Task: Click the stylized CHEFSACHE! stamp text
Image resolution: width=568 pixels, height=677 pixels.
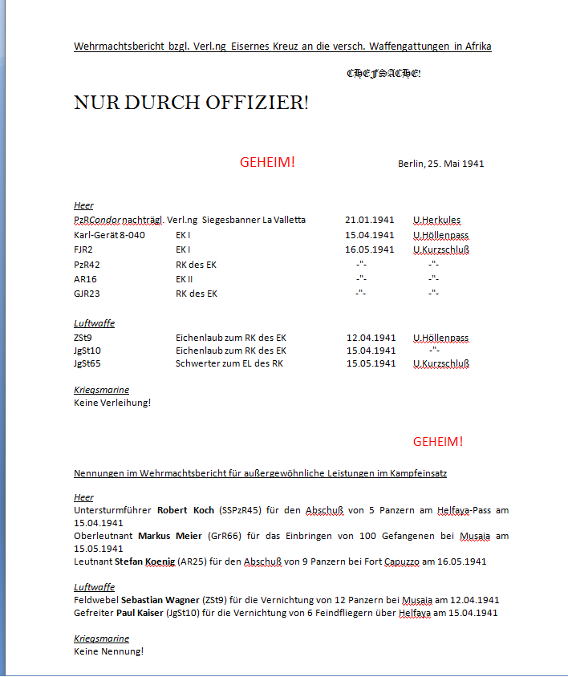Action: pos(383,74)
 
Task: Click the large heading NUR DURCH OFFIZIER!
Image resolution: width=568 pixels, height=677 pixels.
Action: pos(191,103)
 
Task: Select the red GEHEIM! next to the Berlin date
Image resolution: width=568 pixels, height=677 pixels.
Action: pos(267,163)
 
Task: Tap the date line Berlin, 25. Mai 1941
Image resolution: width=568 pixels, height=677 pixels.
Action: pos(440,164)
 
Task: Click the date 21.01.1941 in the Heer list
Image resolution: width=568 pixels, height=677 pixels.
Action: pos(370,220)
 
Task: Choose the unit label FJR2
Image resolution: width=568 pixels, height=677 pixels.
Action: pos(83,249)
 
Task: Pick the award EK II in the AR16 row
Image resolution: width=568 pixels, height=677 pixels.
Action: pos(185,279)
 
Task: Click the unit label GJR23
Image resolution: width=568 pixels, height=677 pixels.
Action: pos(87,294)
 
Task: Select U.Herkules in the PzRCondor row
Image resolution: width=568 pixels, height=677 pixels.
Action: pos(437,220)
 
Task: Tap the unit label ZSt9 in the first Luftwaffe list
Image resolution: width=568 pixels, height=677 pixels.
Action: pos(83,338)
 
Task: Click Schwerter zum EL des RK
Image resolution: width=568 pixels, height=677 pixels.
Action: pos(229,363)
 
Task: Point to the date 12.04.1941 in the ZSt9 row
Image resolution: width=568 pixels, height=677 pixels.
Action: pos(371,338)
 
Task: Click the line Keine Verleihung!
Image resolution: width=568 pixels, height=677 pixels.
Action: pos(112,403)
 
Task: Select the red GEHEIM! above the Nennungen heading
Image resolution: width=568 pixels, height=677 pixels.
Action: pos(438,442)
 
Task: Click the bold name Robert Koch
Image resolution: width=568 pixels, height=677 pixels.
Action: pos(185,510)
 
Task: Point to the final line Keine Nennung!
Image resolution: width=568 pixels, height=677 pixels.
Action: pos(108,651)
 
